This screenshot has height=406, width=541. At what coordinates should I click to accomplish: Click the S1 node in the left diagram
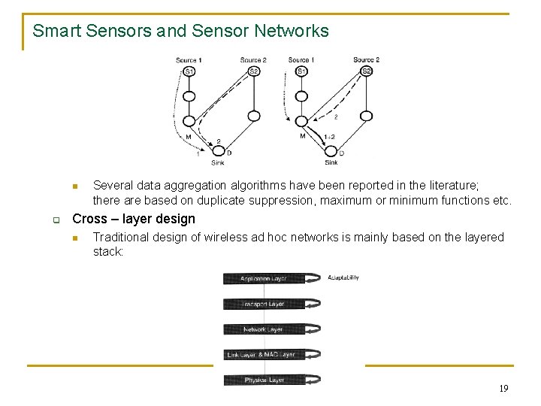(189, 71)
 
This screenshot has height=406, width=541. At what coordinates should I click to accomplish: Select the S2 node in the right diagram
(366, 71)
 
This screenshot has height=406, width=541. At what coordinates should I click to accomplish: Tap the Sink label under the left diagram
(217, 162)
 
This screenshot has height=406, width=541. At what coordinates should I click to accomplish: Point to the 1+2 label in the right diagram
(329, 137)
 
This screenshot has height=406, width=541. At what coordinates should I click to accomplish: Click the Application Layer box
(263, 279)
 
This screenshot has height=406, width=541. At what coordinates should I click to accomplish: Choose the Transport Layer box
(263, 304)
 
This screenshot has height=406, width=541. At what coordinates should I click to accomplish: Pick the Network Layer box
(263, 329)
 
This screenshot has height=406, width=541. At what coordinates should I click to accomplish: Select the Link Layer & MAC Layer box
(263, 354)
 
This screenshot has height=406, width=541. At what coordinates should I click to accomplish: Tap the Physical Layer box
(263, 380)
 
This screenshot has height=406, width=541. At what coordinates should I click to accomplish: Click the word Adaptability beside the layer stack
(343, 277)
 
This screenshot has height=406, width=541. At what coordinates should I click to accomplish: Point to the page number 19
(503, 388)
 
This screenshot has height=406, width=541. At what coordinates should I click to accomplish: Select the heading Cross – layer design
(133, 219)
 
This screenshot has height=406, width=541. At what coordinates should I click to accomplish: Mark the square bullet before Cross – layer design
(55, 220)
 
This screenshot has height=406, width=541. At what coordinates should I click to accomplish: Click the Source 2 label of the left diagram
(253, 60)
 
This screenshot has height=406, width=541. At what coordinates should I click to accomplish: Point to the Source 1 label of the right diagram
(301, 60)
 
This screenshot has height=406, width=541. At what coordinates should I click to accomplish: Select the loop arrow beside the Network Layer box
(313, 329)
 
